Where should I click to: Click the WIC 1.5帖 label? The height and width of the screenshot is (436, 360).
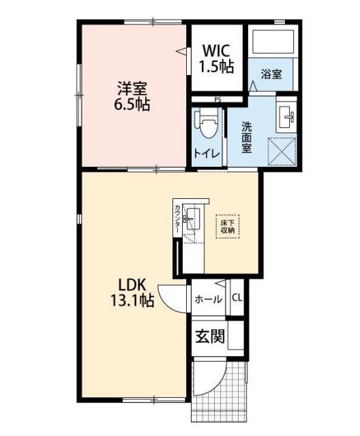217,58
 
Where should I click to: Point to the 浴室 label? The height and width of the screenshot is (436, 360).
272,74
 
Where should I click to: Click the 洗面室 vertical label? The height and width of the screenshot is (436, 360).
246,136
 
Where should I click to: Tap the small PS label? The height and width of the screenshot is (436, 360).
217,99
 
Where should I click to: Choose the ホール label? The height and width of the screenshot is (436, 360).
208,298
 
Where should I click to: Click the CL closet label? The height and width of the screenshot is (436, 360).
237,298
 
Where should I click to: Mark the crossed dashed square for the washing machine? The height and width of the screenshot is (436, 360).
280,150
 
